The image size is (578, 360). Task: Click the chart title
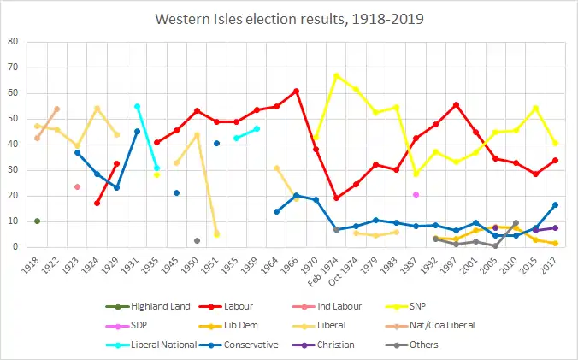(289, 17)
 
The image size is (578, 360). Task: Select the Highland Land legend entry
(168, 305)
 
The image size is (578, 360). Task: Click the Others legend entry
(416, 345)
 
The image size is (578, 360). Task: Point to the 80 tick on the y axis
(14, 41)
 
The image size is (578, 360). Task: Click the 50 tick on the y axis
(14, 118)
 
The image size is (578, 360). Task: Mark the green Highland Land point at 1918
(37, 221)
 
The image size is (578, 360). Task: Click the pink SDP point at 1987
(416, 194)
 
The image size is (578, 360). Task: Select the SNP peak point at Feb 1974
(336, 75)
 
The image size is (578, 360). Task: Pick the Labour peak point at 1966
(296, 91)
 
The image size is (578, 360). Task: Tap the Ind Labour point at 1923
(77, 186)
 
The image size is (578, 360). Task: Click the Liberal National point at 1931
(137, 106)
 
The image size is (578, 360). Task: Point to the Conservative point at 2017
(556, 204)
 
